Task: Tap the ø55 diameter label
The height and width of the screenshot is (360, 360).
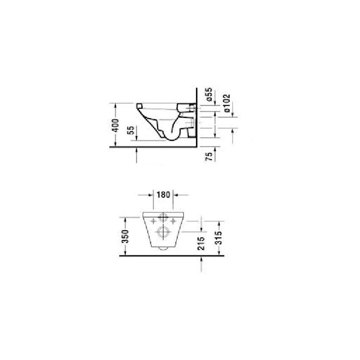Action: click(x=209, y=94)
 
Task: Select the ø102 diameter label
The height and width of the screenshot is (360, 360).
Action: click(x=226, y=103)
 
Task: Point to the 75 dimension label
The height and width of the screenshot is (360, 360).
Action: click(x=209, y=156)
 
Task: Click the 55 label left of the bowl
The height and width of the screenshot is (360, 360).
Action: click(x=130, y=130)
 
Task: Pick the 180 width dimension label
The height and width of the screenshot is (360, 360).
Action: click(x=163, y=195)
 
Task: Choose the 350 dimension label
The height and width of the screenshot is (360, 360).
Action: click(x=125, y=236)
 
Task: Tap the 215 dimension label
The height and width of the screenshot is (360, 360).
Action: click(x=201, y=243)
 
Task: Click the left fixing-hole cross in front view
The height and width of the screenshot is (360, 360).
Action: click(x=153, y=221)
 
